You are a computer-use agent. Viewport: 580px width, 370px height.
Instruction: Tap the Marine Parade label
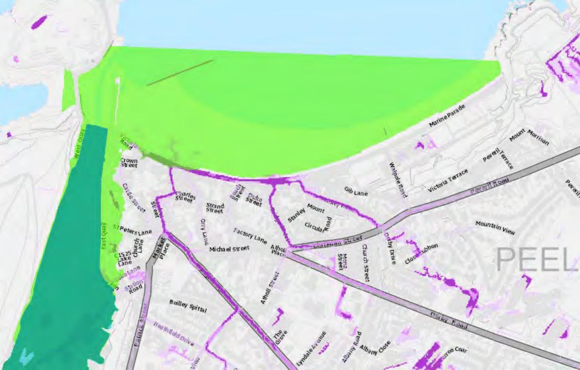447,116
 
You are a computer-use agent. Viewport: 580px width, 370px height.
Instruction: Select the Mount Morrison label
529,136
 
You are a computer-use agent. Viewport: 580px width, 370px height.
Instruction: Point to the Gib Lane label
356,192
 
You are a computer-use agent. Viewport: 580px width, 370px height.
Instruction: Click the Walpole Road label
398,180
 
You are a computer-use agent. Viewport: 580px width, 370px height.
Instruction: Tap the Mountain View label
495,227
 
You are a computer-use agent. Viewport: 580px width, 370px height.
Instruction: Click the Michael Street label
229,249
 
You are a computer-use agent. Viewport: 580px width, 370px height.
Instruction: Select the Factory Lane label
250,236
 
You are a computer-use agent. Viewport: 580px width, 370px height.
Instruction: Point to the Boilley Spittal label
188,306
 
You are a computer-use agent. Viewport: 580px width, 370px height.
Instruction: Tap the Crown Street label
129,163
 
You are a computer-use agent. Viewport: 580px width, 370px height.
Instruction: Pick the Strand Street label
215,208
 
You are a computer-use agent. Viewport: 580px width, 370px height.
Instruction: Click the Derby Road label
449,319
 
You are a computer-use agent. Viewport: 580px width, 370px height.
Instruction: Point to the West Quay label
79,144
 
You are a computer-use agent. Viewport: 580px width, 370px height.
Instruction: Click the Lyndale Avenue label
311,348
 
